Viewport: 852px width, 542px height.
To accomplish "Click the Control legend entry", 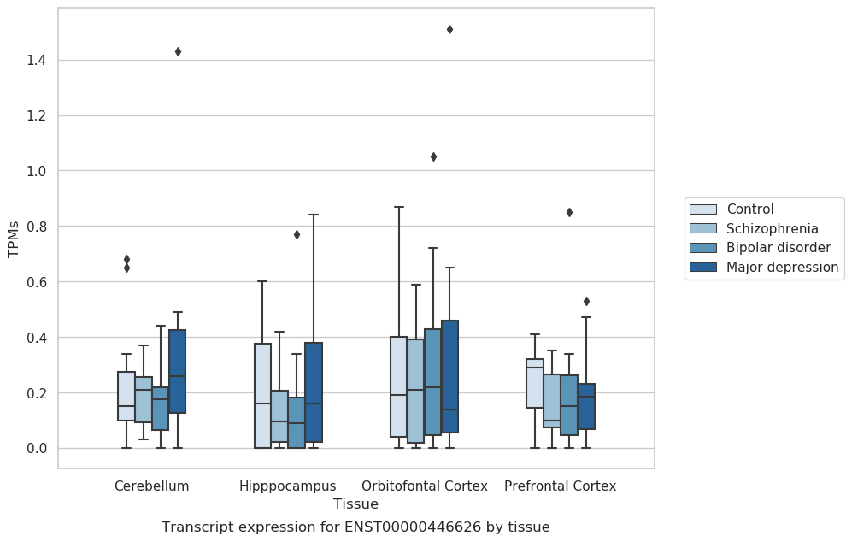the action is point(749,209).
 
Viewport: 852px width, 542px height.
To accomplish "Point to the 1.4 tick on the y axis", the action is point(36,61).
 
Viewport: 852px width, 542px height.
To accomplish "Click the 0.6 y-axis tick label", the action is point(36,282).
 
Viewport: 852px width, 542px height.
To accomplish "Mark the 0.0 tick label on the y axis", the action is point(36,449).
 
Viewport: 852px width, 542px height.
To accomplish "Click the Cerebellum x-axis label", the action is point(151,486).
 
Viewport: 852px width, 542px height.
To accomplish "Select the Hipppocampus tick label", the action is point(287,486).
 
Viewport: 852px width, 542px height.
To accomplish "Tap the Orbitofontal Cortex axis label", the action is point(425,486).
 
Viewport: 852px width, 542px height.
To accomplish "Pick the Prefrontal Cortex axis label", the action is point(561,486).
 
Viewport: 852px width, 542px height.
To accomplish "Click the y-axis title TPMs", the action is point(14,239).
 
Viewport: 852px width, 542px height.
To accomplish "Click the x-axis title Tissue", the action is point(355,504).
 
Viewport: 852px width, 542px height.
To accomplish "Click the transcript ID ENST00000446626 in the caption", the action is point(413,527).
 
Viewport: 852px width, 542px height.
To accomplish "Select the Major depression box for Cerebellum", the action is point(178,371).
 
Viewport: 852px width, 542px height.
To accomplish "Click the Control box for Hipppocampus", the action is point(262,396).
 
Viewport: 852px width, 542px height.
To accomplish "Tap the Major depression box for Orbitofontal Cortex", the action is point(450,377).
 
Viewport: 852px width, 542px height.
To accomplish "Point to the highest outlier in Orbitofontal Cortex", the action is point(450,29).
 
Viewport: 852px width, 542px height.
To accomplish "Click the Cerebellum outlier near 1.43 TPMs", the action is point(178,51).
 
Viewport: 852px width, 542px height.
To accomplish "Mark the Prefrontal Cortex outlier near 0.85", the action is point(569,213).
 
